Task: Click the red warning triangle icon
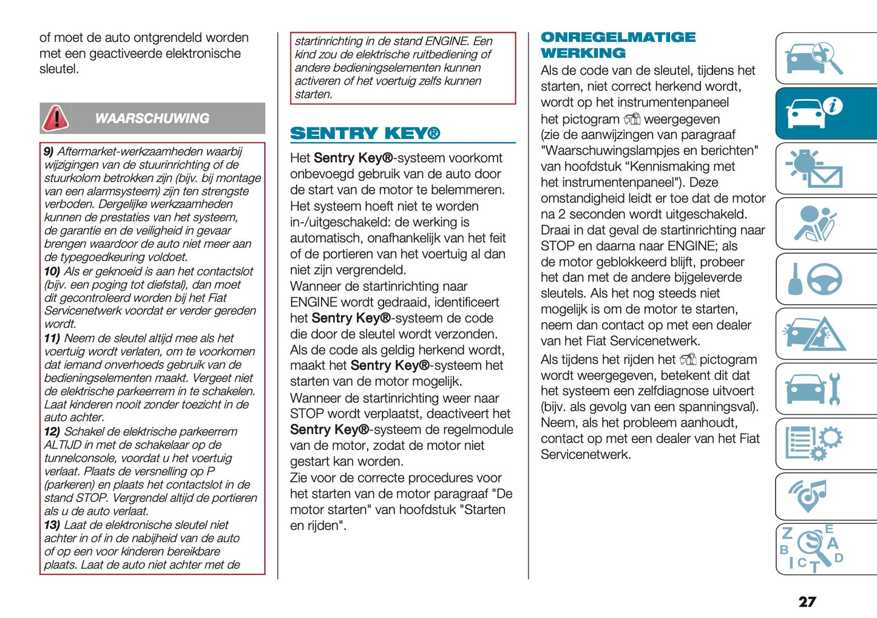tap(55, 118)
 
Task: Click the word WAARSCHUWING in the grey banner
tap(152, 118)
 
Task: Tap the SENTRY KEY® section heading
tap(365, 133)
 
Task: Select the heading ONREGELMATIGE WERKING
tap(618, 45)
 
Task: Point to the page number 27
tap(807, 602)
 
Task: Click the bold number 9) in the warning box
tap(49, 152)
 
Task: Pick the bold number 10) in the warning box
tap(52, 271)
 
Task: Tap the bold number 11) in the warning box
tap(52, 338)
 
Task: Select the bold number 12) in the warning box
tap(52, 432)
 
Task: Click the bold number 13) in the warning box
tap(52, 525)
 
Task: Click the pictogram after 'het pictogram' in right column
tap(632, 119)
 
